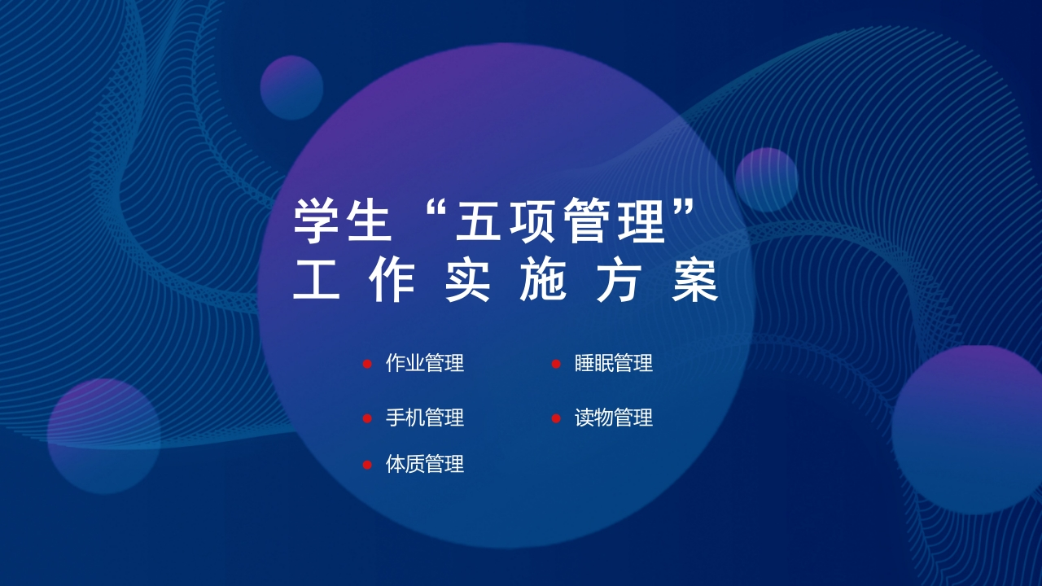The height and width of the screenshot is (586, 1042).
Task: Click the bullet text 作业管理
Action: click(x=424, y=364)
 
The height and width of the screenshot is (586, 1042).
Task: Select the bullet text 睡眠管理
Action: click(x=613, y=364)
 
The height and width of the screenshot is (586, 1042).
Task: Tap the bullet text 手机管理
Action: click(x=424, y=418)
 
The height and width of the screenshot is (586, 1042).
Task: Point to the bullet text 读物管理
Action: click(x=613, y=418)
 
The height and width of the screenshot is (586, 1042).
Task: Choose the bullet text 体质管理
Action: click(x=424, y=465)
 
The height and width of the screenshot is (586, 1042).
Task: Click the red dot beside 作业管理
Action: click(x=367, y=364)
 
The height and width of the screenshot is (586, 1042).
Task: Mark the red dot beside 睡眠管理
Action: click(x=556, y=364)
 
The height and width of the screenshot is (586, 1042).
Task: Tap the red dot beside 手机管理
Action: click(x=367, y=418)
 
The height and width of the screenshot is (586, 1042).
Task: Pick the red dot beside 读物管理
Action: click(x=556, y=418)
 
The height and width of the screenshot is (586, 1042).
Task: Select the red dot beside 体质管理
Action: click(x=367, y=465)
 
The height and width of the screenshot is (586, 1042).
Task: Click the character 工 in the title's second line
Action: click(x=316, y=282)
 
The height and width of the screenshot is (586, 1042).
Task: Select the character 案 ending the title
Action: click(x=695, y=282)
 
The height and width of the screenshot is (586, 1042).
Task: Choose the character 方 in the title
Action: click(x=620, y=282)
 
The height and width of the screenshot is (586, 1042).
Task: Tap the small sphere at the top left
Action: click(x=291, y=87)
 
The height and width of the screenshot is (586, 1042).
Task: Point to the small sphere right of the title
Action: click(x=766, y=180)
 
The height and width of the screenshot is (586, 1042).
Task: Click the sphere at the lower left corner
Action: click(x=103, y=435)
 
